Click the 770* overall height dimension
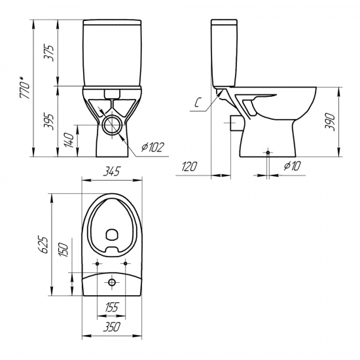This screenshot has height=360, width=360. click(26, 88)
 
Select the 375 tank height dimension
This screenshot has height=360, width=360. click(49, 52)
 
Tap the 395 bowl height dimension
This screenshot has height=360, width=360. click(49, 122)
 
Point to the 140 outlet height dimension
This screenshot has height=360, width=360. click(69, 140)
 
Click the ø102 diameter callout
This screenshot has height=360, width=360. click(153, 147)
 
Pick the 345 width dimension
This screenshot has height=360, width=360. click(111, 171)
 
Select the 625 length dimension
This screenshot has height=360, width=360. click(43, 244)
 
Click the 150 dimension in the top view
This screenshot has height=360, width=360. click(63, 249)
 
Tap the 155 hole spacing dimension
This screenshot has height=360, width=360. click(111, 307)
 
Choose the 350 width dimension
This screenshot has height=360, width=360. click(111, 327)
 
